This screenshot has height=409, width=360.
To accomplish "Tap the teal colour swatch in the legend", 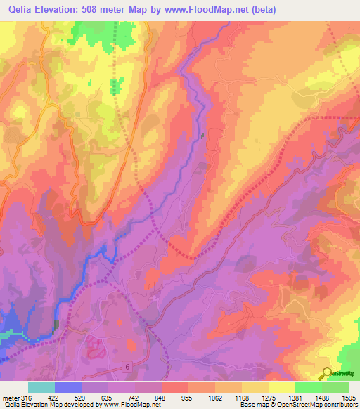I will (41, 387).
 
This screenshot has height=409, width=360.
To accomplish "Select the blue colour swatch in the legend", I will (68, 387).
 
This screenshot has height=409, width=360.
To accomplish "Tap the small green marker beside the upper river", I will (202, 136).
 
